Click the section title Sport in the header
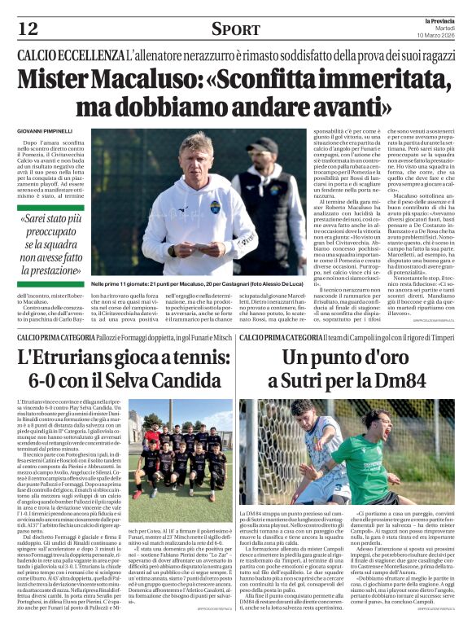point(235,29)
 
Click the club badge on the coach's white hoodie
point(216,207)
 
